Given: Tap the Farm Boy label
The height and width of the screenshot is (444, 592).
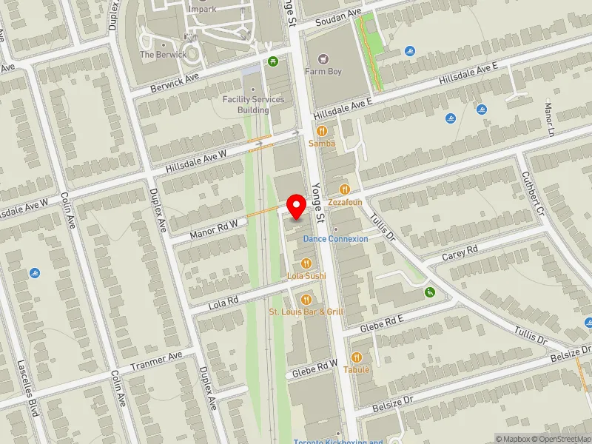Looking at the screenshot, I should [x=324, y=72].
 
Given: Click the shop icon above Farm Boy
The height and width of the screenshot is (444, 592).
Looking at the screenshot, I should [x=322, y=58].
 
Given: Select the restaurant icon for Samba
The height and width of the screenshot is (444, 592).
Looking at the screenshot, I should [x=323, y=130].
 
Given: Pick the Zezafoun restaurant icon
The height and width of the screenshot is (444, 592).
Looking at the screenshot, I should [x=344, y=189].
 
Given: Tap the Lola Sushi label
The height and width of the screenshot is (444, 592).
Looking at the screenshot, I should [x=306, y=276].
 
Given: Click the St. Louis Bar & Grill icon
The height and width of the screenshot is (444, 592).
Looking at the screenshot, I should [x=306, y=300].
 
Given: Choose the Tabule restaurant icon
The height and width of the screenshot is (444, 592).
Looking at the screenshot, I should [x=356, y=357].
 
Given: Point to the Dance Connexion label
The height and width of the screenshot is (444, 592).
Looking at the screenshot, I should [x=335, y=239].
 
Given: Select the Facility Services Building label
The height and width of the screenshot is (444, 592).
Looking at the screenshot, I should [x=253, y=104].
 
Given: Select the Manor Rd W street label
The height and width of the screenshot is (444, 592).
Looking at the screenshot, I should [x=214, y=229].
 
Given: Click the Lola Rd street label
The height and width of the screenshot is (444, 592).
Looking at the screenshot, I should [x=223, y=301].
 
